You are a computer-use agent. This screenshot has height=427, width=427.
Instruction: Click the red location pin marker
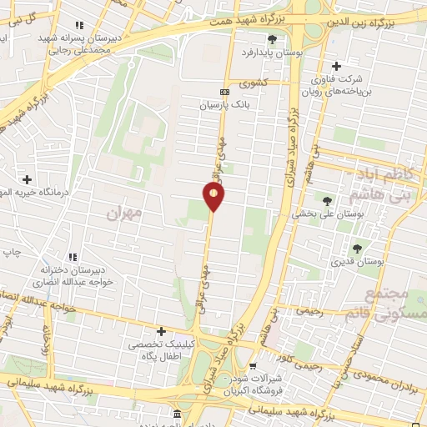coord(213,195)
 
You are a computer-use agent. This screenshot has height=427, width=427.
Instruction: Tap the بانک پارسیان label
coord(223,106)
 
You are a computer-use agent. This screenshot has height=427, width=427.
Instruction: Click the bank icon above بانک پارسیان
coord(223,92)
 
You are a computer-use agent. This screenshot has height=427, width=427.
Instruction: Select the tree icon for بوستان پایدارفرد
coord(270,38)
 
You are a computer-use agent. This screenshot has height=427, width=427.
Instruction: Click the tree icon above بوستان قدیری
coord(357,249)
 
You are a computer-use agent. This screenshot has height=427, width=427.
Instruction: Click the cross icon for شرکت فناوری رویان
coord(336,66)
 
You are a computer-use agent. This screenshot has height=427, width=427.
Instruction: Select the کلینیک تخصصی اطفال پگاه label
coord(162,349)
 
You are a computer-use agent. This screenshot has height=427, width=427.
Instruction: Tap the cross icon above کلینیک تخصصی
coord(161,331)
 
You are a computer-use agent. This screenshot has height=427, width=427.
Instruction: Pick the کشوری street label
coord(254,83)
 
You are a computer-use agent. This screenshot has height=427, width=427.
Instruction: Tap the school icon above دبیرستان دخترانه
coord(73,257)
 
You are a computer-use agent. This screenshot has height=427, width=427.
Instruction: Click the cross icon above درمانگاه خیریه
coord(28,178)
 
